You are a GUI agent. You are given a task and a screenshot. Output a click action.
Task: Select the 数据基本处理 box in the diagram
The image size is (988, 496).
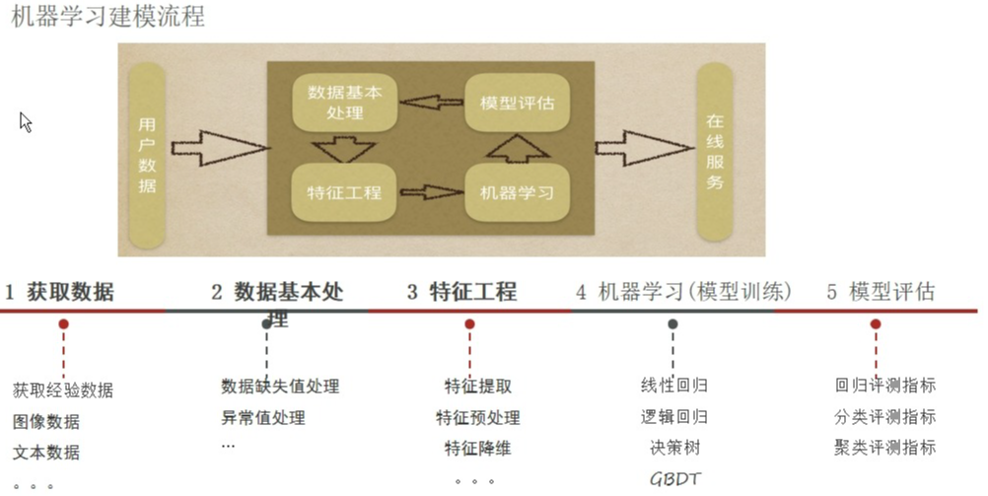tap(343, 103)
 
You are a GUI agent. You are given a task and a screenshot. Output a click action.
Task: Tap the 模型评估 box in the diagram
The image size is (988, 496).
tap(516, 103)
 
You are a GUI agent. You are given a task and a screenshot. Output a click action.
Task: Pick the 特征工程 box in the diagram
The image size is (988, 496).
tap(343, 191)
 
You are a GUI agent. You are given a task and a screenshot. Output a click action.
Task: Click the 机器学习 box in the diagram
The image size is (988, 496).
tap(516, 191)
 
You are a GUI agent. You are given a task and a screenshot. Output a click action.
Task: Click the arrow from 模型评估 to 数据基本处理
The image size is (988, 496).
tap(431, 101)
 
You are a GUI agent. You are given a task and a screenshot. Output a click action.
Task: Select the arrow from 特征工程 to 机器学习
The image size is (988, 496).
tap(431, 191)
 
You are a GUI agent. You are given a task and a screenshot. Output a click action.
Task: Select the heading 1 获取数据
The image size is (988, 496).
tap(59, 292)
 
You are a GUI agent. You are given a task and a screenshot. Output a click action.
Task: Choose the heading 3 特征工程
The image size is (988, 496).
tap(461, 292)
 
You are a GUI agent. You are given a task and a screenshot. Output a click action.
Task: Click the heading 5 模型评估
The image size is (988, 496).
tap(881, 292)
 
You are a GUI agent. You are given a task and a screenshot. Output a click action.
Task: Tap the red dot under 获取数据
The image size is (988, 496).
tap(63, 323)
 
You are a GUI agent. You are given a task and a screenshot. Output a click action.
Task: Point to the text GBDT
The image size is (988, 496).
tap(674, 479)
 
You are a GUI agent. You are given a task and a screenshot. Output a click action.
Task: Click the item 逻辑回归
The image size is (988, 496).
tap(674, 417)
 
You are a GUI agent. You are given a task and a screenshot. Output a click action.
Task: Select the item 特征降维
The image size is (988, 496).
tap(477, 449)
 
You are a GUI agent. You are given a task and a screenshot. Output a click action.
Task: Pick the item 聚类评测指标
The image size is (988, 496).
tap(884, 448)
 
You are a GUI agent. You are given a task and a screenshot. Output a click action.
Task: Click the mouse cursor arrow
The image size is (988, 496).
tap(26, 121)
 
